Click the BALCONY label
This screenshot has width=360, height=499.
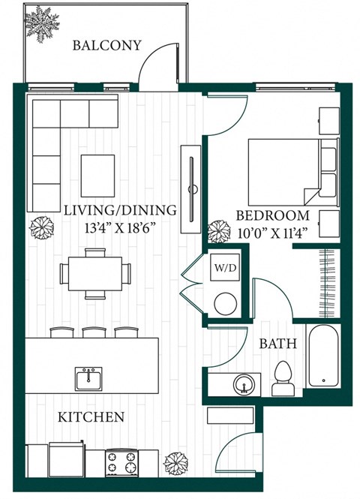pyautogui.click(x=106, y=46)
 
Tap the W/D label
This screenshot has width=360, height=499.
pyautogui.click(x=225, y=266)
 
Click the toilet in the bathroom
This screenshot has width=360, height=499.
pyautogui.click(x=283, y=377)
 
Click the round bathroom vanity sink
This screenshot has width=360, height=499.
pyautogui.click(x=242, y=386)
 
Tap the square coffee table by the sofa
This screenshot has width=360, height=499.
pyautogui.click(x=97, y=175)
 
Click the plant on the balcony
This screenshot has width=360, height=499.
pyautogui.click(x=41, y=23)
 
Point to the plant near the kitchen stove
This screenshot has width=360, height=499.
pyautogui.click(x=175, y=464)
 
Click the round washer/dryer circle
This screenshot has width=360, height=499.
pyautogui.click(x=224, y=303)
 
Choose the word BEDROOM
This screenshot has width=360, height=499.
pyautogui.click(x=263, y=212)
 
